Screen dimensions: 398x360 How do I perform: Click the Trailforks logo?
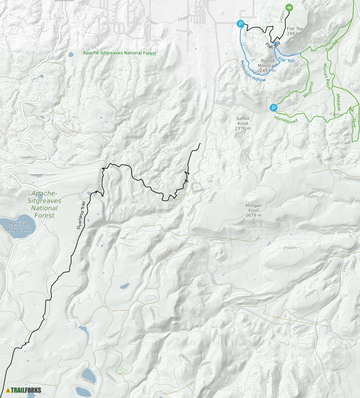tap(24, 390)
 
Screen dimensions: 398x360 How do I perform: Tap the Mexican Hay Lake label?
tap(19, 226)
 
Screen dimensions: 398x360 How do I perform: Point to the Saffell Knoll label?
tap(243, 123)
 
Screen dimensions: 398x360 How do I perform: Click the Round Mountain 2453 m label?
tap(268, 65)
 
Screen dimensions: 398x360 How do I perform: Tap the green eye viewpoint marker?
tap(289, 7)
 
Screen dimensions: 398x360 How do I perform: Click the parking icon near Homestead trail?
tap(274, 108)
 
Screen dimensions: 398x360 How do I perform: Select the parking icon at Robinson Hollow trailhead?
tap(241, 24)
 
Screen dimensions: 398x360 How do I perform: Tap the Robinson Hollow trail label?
tap(252, 72)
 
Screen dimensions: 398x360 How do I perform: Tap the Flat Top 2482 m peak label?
tap(295, 31)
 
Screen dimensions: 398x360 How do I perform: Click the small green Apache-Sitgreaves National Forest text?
tap(119, 53)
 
